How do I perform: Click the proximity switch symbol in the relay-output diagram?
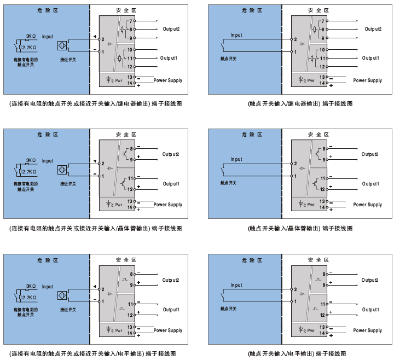[x=62, y=45]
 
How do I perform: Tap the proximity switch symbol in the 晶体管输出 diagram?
[x=62, y=170]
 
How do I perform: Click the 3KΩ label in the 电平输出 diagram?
[x=31, y=286]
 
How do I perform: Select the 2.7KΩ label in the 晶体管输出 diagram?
[x=29, y=172]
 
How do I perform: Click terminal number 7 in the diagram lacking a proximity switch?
[x=323, y=21]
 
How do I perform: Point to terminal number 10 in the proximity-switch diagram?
[x=130, y=50]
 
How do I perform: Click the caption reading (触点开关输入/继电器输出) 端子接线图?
[x=300, y=104]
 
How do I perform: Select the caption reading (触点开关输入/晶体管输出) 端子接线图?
[x=300, y=228]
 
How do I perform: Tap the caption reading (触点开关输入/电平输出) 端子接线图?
[x=297, y=354]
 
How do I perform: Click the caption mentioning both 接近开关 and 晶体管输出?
[x=95, y=228]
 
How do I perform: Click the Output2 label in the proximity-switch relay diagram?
[x=171, y=29]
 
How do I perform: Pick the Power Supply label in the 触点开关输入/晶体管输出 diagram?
[x=367, y=205]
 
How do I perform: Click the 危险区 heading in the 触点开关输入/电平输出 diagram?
[x=252, y=260]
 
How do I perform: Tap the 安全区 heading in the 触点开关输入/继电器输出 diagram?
[x=318, y=10]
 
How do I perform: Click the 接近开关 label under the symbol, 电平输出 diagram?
[x=68, y=310]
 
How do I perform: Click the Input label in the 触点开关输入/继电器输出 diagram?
[x=236, y=35]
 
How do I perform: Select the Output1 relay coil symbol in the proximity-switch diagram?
[x=120, y=59]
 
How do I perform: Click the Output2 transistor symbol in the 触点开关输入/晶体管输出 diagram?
[x=317, y=153]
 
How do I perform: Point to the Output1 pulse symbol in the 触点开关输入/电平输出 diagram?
[x=315, y=309]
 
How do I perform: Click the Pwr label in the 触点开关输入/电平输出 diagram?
[x=311, y=330]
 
